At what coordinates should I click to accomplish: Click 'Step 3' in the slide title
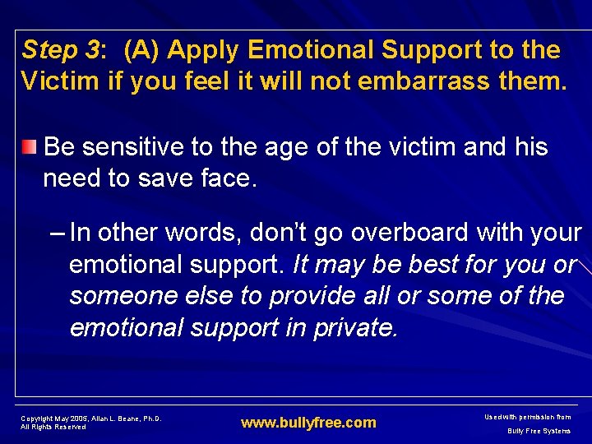[60, 51]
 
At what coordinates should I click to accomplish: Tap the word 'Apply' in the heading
[202, 51]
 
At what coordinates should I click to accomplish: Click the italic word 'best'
[411, 265]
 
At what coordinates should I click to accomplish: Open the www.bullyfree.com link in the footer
[308, 423]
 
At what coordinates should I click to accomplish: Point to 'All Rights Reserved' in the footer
[53, 427]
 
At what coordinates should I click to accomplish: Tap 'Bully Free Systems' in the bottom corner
[539, 431]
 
